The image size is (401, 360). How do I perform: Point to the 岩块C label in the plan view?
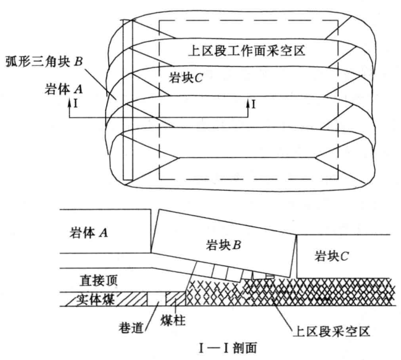coord(188,78)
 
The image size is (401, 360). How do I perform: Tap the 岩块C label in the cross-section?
coord(331,255)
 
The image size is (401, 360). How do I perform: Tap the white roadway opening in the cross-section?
coord(156,300)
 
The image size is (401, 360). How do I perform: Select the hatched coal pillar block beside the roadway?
coord(176,300)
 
